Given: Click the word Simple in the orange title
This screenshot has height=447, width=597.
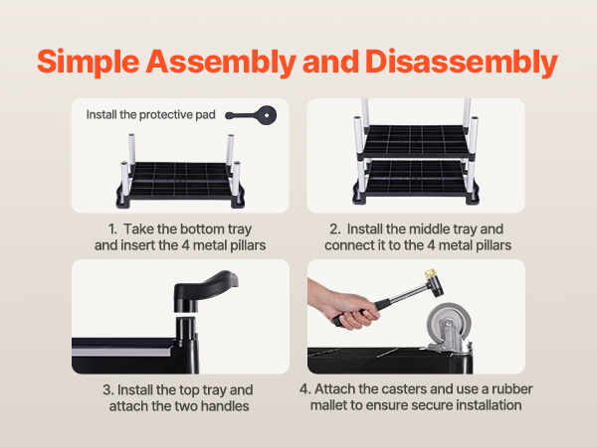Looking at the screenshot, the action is (x=89, y=63).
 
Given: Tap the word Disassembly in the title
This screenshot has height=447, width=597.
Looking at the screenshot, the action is (x=462, y=63).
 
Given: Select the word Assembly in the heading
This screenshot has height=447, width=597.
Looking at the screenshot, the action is (x=221, y=63).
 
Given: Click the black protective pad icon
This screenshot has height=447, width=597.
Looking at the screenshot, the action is (x=252, y=115).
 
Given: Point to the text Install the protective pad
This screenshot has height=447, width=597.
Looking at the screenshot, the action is (x=151, y=114).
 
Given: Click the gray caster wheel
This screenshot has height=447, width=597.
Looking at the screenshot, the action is (x=449, y=323).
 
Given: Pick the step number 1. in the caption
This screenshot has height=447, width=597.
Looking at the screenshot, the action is (x=112, y=229).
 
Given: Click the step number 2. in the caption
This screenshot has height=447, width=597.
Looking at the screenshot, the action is (x=335, y=229).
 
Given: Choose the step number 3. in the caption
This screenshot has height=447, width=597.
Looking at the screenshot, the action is (x=108, y=390).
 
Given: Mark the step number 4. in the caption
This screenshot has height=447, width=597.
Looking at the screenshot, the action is (x=305, y=389).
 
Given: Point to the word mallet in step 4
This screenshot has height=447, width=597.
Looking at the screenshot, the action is (x=328, y=405).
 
